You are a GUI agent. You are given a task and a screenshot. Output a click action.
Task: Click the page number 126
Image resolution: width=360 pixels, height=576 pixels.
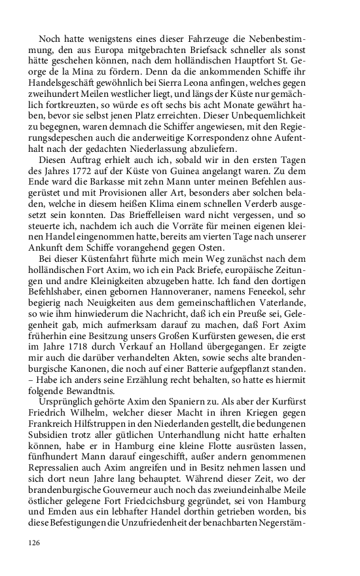pos(35,543)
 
